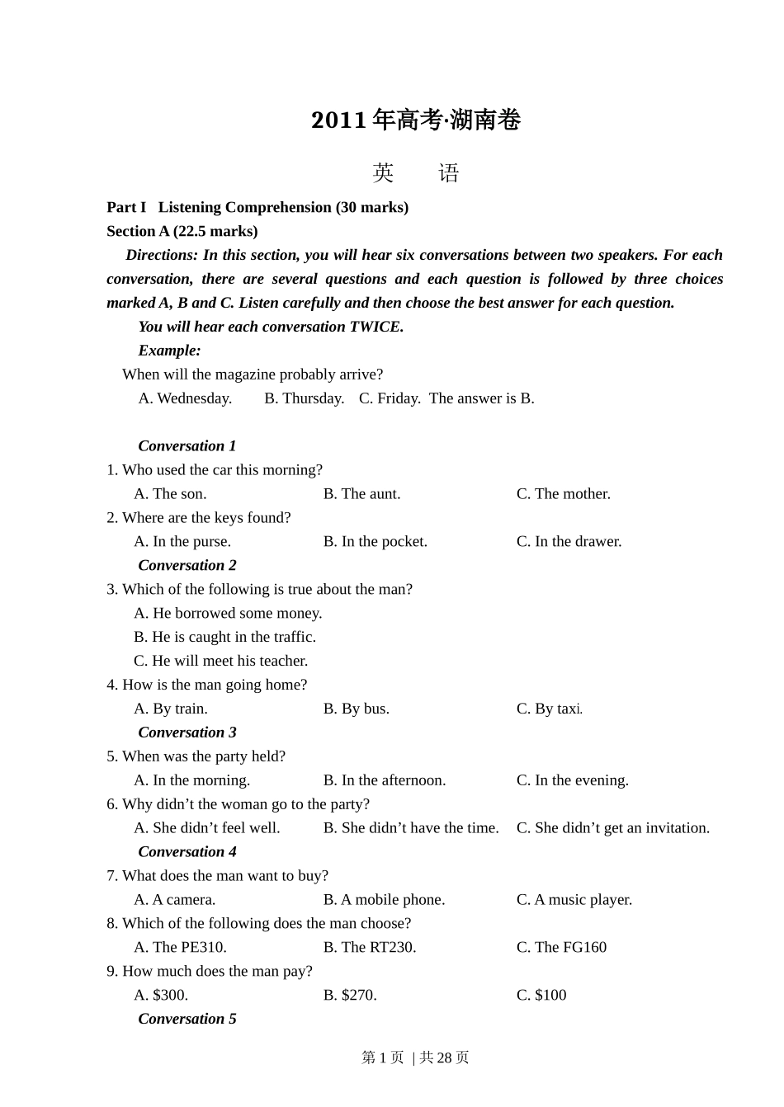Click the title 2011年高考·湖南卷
(x=416, y=120)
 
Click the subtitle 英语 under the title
(x=416, y=173)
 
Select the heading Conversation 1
(x=187, y=446)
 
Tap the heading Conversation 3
(x=187, y=733)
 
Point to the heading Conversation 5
(x=187, y=1019)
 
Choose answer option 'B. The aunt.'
(x=361, y=494)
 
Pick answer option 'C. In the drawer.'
(x=569, y=542)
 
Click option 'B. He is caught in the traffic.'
(x=224, y=637)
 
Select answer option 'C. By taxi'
(x=549, y=709)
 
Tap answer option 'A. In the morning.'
(x=191, y=780)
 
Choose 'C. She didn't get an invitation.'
(x=612, y=828)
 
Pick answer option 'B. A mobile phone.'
(x=384, y=900)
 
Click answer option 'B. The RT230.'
(x=370, y=948)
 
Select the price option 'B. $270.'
(x=350, y=996)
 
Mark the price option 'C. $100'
(x=541, y=996)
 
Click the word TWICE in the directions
(x=375, y=327)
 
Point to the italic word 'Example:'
(x=169, y=351)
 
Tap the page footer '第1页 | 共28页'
(x=415, y=1058)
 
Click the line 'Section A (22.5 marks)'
(x=182, y=231)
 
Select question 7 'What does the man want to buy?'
(x=218, y=876)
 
